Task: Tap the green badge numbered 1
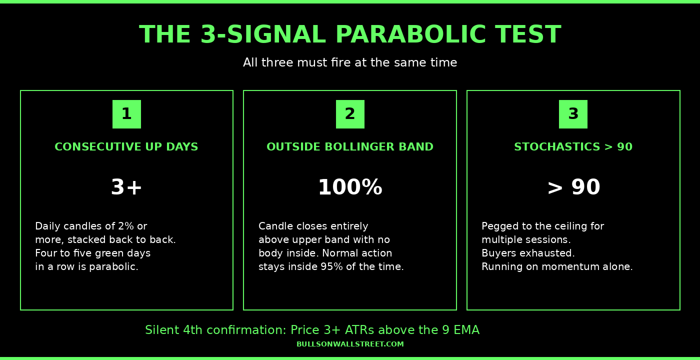pos(126,114)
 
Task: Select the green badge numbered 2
pos(350,114)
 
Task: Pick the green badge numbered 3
pos(573,114)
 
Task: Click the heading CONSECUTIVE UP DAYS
pos(126,147)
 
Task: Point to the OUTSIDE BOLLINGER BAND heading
pos(350,147)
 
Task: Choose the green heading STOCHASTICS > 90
pos(573,147)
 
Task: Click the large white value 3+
pos(126,187)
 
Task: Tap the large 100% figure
pos(350,187)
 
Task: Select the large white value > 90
pos(573,187)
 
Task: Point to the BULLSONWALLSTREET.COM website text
pos(350,344)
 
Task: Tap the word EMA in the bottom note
pos(466,330)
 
